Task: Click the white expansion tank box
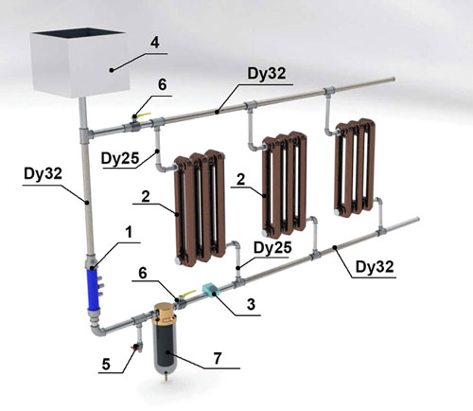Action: click(x=79, y=63)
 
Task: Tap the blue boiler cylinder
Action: click(x=94, y=289)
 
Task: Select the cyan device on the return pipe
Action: click(x=208, y=289)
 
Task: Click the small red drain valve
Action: click(x=137, y=347)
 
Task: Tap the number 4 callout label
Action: click(x=154, y=43)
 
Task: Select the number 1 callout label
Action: click(x=129, y=233)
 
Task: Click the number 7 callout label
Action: click(x=218, y=359)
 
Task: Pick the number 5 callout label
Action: click(x=106, y=365)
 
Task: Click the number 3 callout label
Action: click(x=251, y=305)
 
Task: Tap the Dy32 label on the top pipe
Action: click(x=267, y=74)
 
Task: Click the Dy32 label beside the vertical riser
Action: click(x=43, y=174)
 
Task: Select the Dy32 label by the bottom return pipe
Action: click(x=375, y=267)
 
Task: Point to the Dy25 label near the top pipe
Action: click(x=120, y=158)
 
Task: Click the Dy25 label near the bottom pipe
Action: click(x=272, y=248)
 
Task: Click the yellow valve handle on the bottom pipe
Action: click(x=188, y=294)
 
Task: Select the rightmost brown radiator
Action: click(x=355, y=168)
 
